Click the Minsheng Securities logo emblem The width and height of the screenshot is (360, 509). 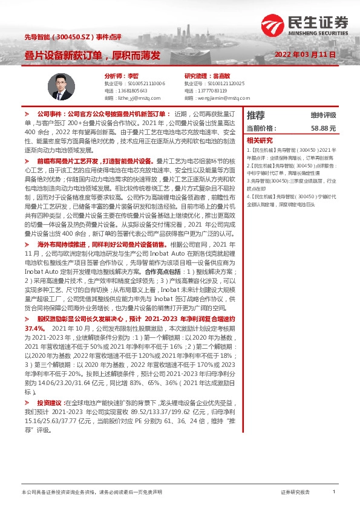(x=274, y=26)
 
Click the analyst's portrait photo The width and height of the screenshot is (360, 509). (x=59, y=88)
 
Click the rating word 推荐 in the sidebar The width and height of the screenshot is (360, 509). (x=255, y=115)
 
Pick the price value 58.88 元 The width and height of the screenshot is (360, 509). (x=323, y=129)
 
